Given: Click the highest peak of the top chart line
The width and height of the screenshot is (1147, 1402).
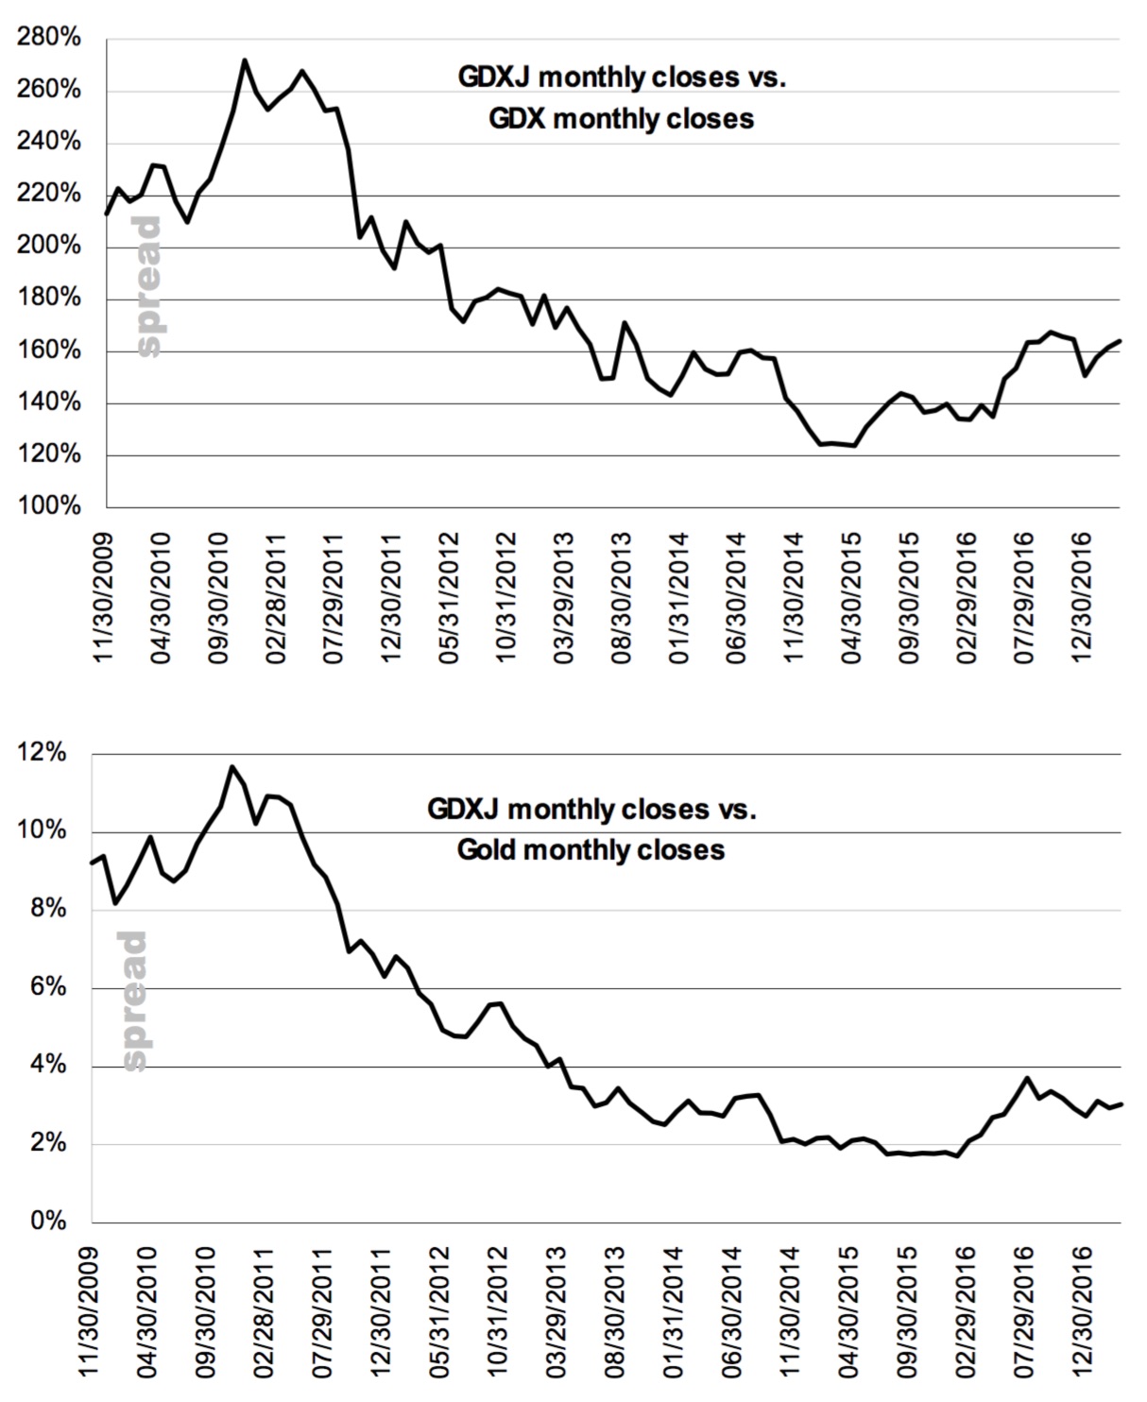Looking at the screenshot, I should pos(245,60).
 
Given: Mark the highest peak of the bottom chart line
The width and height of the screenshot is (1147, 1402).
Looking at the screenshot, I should pos(232,766).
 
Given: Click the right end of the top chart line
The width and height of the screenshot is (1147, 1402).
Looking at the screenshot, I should pos(1120,340).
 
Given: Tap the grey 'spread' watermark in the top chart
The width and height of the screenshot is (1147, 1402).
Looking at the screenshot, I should pos(149,286).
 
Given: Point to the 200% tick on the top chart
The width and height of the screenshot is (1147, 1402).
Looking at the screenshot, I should pos(55,246).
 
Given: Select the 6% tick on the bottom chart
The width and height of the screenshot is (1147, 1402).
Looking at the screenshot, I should pos(51,987).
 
